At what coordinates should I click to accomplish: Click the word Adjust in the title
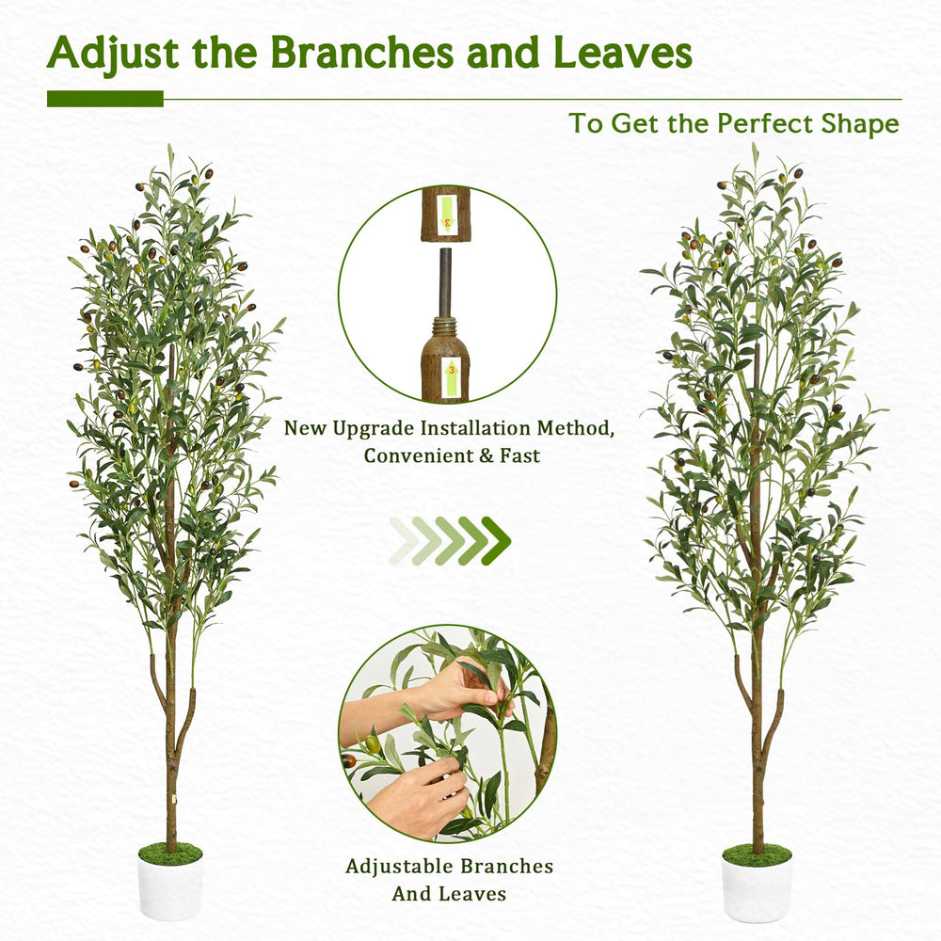113,54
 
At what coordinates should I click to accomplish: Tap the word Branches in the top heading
362,52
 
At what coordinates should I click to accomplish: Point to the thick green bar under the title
105,99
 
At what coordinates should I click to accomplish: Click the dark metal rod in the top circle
445,283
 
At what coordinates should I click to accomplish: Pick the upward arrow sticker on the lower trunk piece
452,377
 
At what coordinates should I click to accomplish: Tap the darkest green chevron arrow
496,541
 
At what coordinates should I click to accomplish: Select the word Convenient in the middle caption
418,455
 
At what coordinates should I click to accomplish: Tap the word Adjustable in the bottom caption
399,868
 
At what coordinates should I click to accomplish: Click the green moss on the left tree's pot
170,853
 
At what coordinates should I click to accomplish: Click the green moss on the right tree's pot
757,854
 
